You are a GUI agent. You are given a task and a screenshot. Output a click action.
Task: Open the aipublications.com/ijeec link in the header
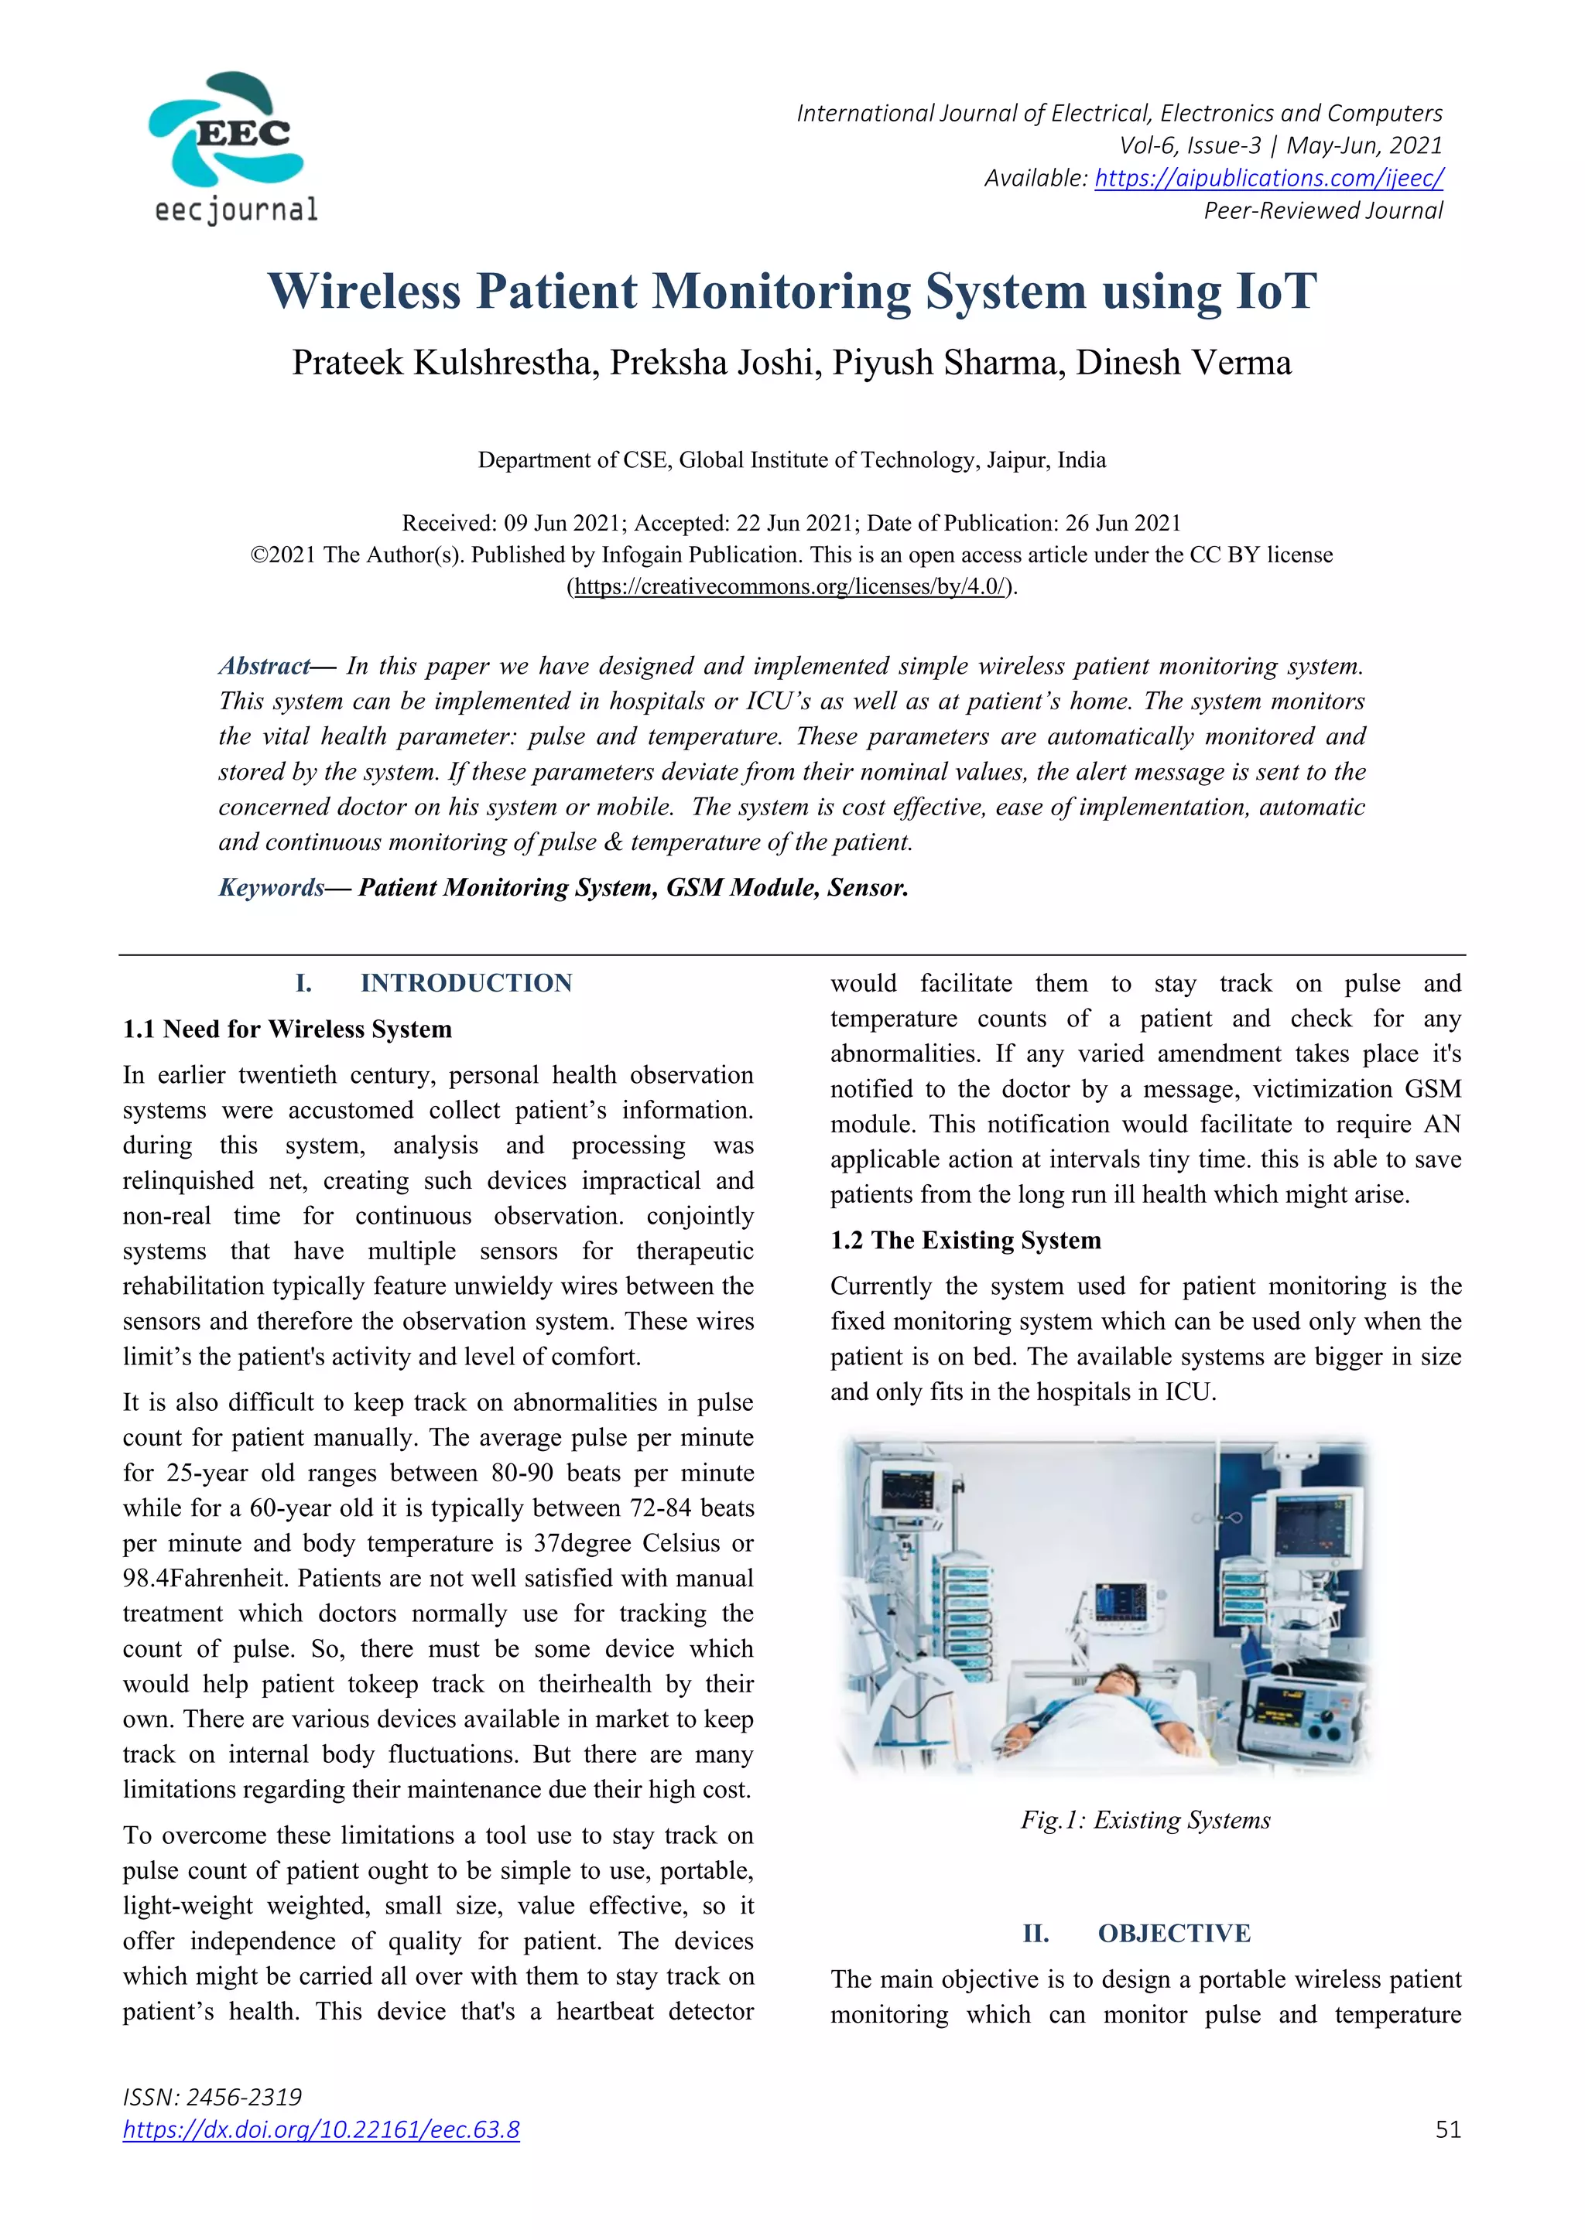coord(1268,178)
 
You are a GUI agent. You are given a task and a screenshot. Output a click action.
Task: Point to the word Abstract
coord(263,666)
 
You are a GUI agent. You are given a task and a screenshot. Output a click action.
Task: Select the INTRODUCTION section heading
coord(466,983)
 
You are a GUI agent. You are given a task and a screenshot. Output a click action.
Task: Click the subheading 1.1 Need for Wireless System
coord(287,1030)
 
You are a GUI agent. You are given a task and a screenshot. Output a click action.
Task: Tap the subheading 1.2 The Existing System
coord(965,1240)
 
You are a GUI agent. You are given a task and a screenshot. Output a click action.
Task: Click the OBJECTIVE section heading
coord(1173,1934)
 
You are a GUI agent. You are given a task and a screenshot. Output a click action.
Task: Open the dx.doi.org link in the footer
coord(321,2129)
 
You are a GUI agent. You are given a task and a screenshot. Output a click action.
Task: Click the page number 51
coord(1448,2129)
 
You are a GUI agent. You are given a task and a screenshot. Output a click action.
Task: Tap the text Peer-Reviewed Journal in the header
coord(1323,210)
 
